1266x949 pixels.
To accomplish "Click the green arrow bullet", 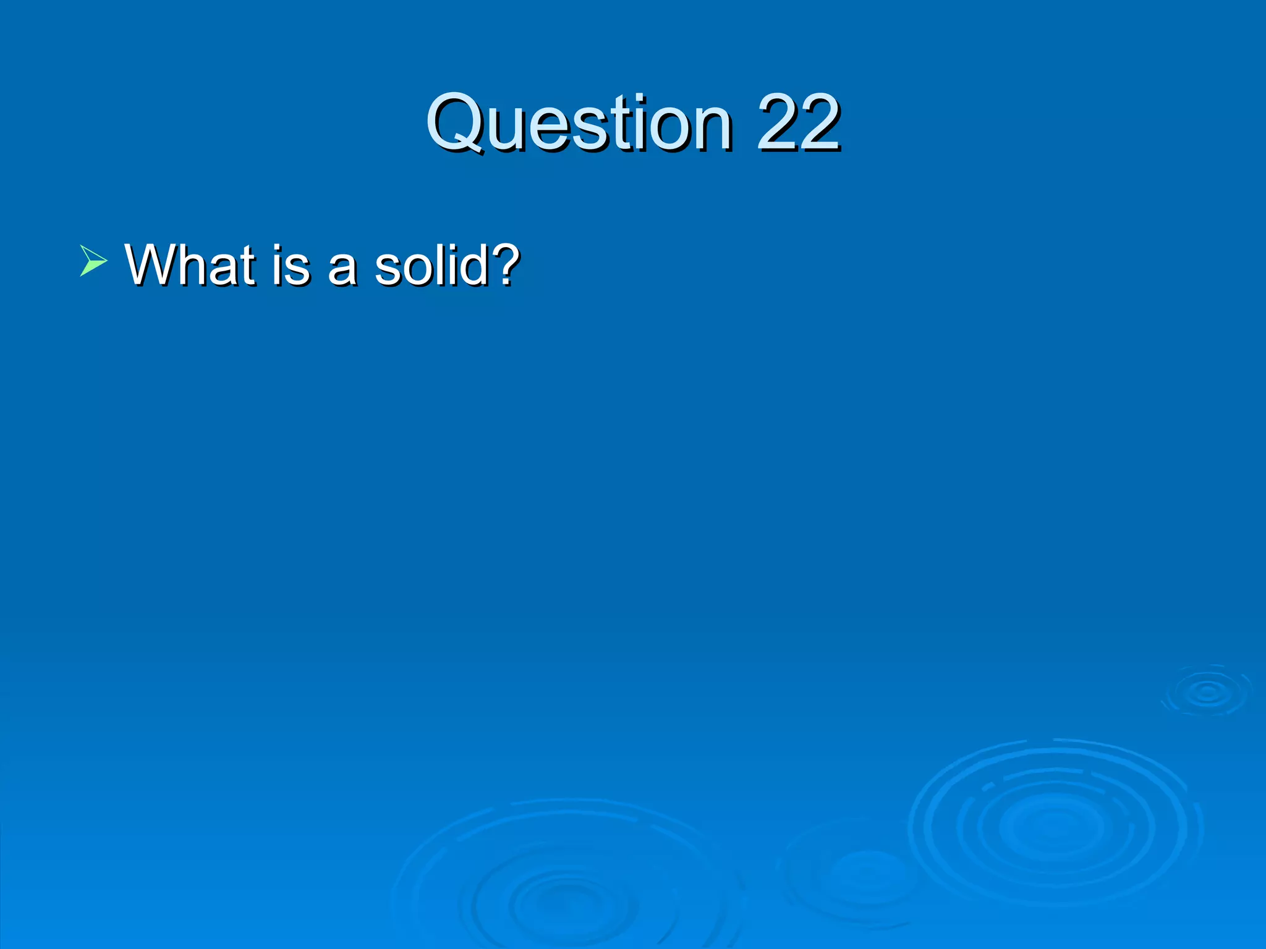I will point(93,260).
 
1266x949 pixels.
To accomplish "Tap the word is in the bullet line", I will point(291,266).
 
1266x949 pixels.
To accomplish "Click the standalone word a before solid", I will point(342,269).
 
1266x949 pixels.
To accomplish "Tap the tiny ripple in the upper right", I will point(1207,691).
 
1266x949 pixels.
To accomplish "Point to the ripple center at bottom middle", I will point(559,903).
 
